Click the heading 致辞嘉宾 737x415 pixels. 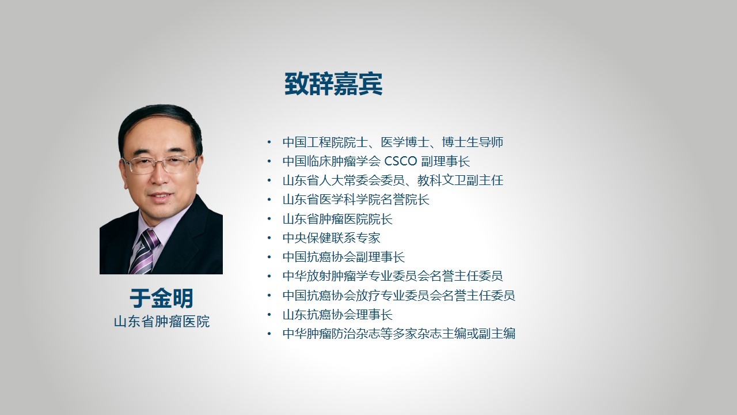[333, 84]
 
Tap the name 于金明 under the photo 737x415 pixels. [161, 299]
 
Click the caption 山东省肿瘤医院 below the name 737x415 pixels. [162, 322]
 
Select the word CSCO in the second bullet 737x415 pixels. [400, 161]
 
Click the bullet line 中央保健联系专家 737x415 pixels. [331, 238]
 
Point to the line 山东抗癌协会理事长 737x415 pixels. [337, 315]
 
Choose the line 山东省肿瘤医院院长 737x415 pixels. [337, 218]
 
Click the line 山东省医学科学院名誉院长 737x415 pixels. [356, 199]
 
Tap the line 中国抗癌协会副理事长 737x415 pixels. [344, 257]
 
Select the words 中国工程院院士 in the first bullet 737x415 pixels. [325, 142]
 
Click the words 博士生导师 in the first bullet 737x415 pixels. [473, 142]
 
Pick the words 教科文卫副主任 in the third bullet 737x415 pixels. [460, 180]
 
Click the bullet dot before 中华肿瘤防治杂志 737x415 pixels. [269, 334]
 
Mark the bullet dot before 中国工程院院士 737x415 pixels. [269, 142]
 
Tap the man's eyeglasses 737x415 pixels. [159, 164]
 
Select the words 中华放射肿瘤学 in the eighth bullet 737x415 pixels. [325, 276]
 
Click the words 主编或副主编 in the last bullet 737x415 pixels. [478, 334]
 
